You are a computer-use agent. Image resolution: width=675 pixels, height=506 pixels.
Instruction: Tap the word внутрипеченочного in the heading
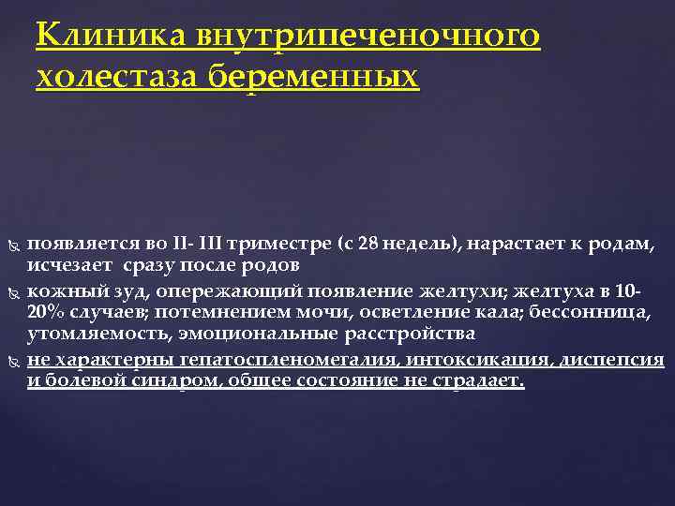click(368, 37)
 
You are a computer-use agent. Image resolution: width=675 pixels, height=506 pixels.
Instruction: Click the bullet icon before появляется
click(12, 246)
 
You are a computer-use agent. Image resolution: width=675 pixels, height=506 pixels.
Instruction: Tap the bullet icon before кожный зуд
click(12, 291)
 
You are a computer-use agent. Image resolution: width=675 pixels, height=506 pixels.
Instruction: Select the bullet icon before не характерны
click(12, 361)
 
